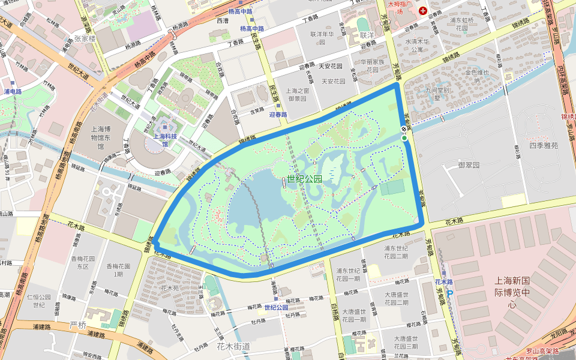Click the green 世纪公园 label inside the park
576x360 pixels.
304,179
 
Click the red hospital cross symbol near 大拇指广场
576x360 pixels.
423,10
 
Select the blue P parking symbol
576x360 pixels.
450,295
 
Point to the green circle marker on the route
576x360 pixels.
404,139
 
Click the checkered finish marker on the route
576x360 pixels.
404,129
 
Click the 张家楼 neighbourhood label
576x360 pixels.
84,39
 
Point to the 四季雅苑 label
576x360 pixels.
543,145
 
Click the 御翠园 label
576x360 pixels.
469,164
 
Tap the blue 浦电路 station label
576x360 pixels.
13,92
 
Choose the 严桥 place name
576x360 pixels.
78,325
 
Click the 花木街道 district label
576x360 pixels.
233,346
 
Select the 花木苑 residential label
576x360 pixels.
170,288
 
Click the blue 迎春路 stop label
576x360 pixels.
278,114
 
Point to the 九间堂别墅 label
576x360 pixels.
437,94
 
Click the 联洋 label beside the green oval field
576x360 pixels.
367,35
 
